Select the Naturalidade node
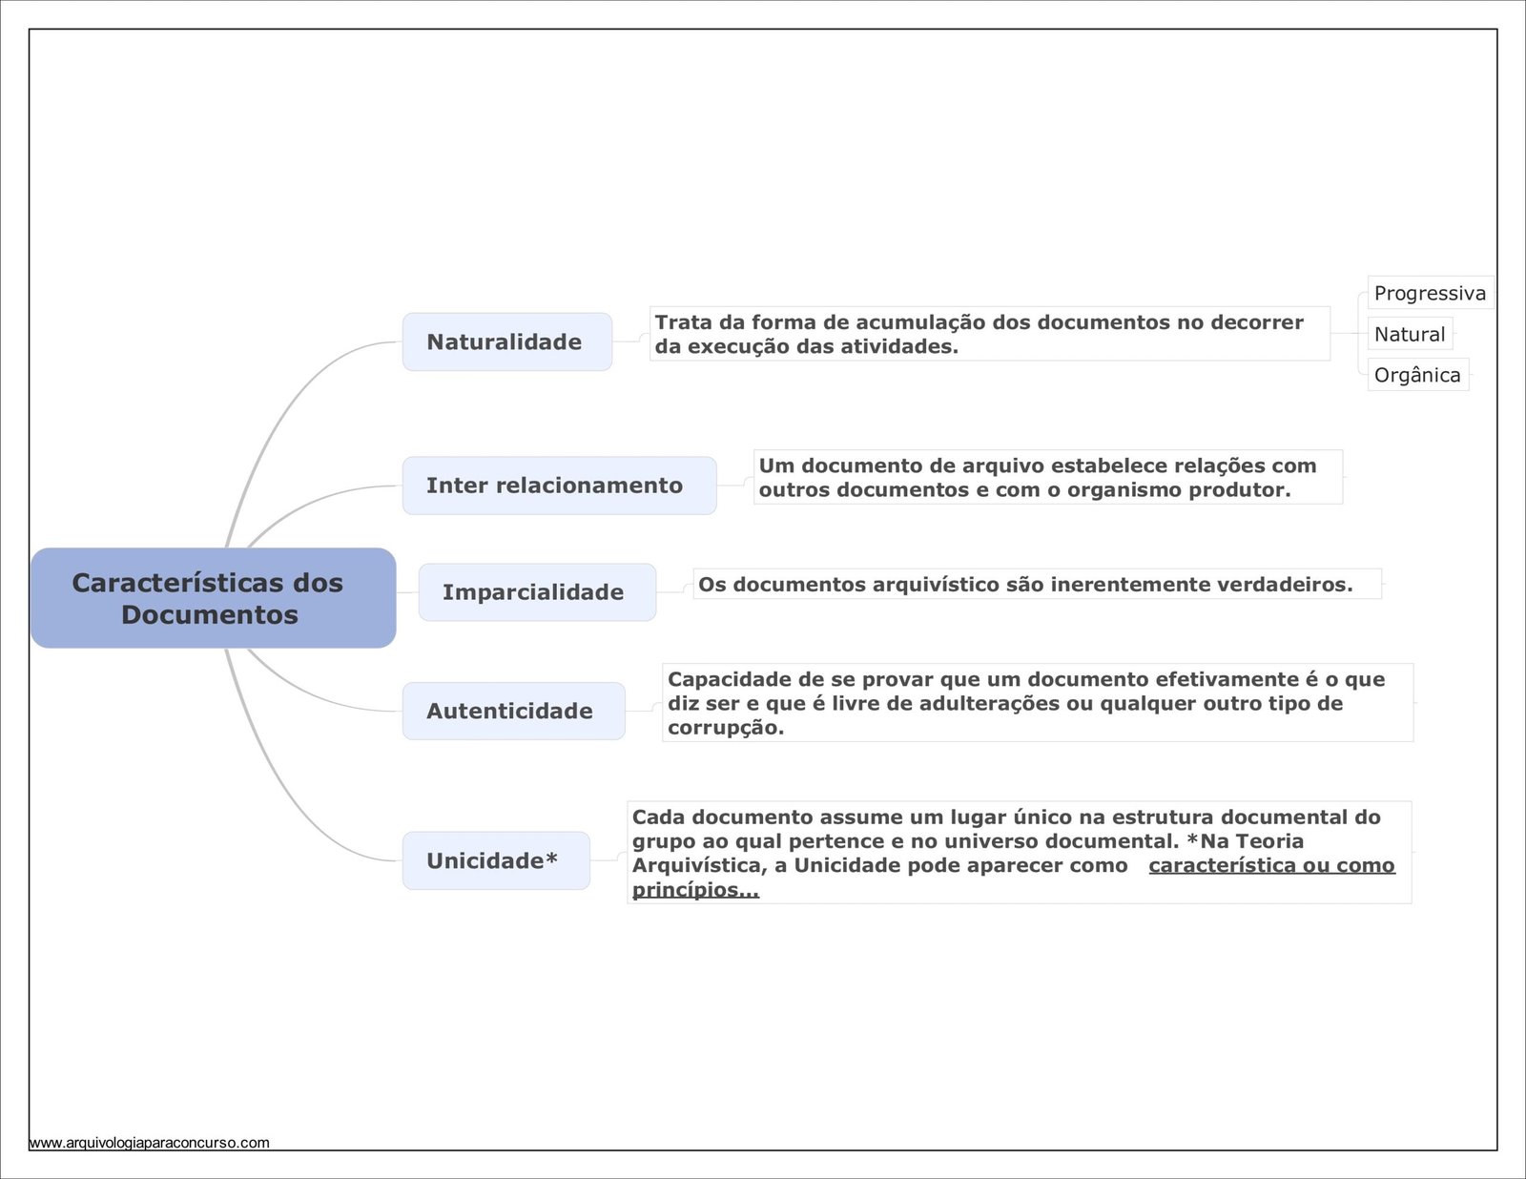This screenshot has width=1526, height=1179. point(506,341)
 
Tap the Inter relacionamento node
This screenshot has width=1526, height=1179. point(558,486)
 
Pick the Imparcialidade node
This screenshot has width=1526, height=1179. point(537,592)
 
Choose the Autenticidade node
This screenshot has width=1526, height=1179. point(513,711)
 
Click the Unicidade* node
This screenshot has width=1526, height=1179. point(495,860)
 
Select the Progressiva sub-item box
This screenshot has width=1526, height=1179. point(1429,293)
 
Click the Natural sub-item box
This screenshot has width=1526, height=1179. point(1409,334)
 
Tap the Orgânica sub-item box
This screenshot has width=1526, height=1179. point(1416,375)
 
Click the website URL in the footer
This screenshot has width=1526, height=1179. point(150,1143)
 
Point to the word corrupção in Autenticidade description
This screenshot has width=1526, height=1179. point(724,728)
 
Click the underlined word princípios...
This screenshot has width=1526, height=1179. point(694,890)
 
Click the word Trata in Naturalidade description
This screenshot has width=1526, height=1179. point(684,322)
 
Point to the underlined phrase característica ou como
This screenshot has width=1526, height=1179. point(1271,865)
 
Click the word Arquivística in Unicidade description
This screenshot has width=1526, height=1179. point(696,865)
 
